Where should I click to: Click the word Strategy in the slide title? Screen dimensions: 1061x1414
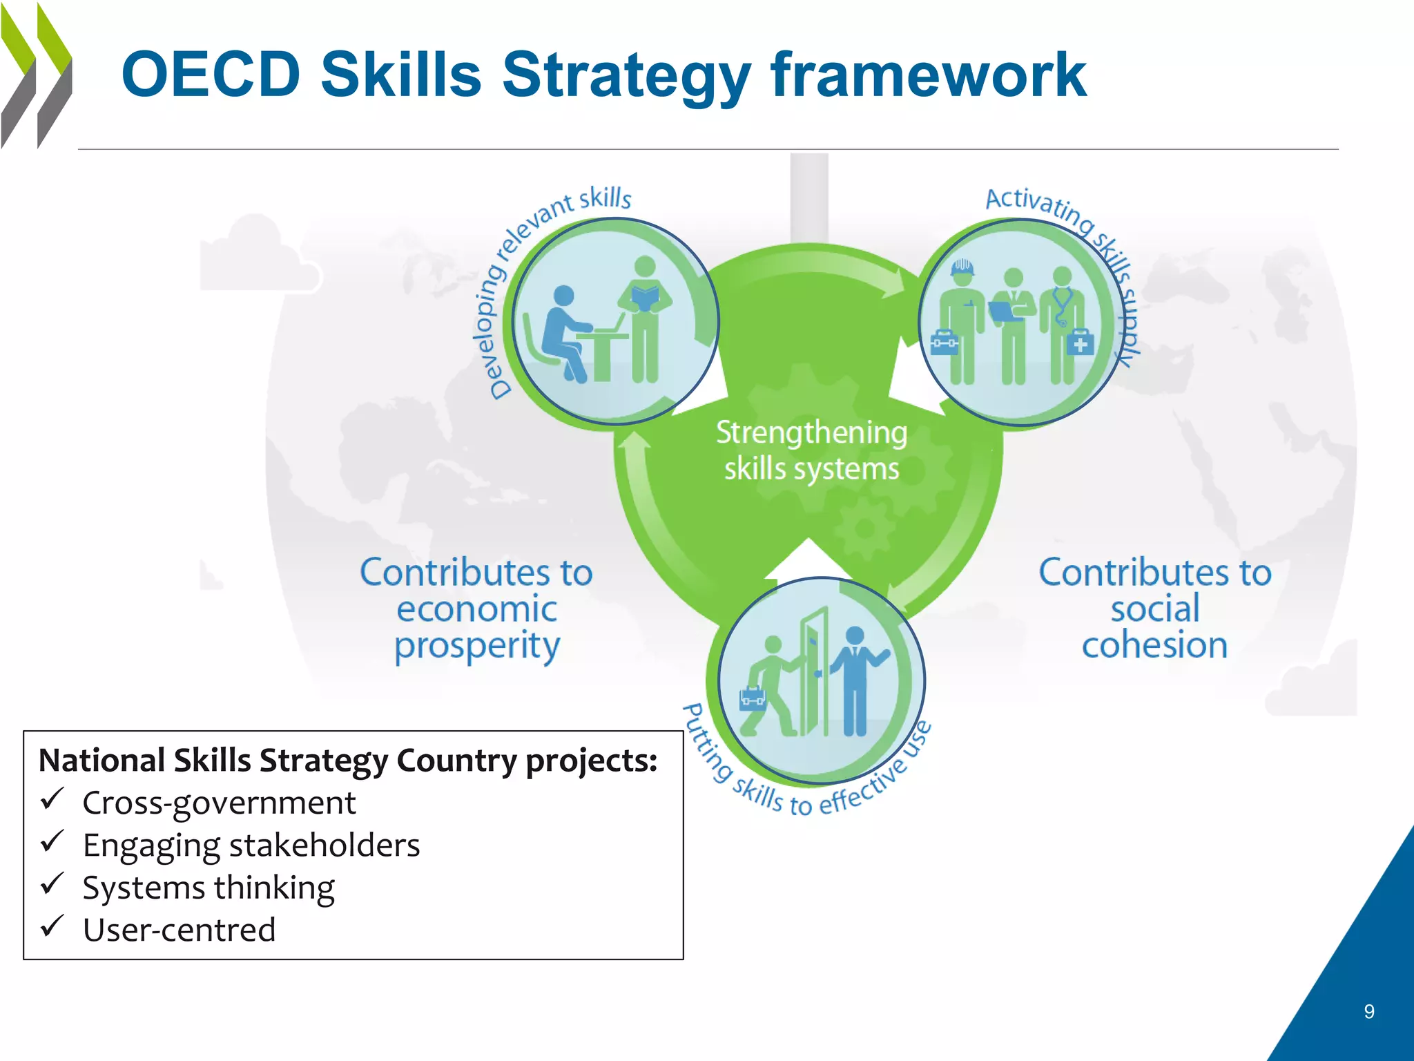[x=626, y=76]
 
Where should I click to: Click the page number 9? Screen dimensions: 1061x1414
[x=1369, y=1011]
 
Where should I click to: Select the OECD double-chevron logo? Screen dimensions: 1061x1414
[x=36, y=76]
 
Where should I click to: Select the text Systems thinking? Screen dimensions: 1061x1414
[x=209, y=888]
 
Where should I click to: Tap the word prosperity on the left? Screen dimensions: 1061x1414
[x=477, y=647]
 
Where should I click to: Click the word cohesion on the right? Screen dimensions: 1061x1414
[x=1154, y=645]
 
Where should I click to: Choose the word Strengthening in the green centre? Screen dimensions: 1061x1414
[x=811, y=433]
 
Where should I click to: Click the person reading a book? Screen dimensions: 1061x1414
[x=645, y=318]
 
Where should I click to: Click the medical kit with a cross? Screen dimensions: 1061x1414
[x=1080, y=343]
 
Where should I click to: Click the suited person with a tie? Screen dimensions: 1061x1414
[x=855, y=680]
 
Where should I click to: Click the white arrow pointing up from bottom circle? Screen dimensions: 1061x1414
[x=808, y=560]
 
